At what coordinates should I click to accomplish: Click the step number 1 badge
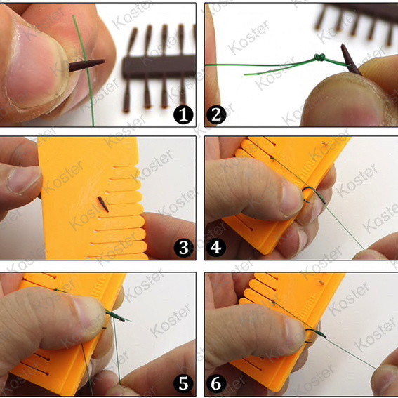[x=183, y=114]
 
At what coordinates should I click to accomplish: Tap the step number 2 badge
[x=216, y=114]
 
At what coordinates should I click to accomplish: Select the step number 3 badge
[x=184, y=248]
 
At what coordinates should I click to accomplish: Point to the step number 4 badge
[x=216, y=248]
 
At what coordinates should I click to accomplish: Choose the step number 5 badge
[x=183, y=383]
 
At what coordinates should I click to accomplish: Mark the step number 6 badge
[x=216, y=383]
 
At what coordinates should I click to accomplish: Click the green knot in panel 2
[x=319, y=58]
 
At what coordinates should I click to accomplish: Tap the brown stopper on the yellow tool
[x=103, y=204]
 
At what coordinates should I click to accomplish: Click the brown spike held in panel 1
[x=87, y=65]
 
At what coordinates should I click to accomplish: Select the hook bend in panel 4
[x=314, y=193]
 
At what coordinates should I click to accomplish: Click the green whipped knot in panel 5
[x=116, y=316]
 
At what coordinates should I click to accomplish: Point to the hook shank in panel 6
[x=316, y=333]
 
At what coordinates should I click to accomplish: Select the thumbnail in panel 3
[x=24, y=180]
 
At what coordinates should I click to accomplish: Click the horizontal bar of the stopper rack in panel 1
[x=159, y=67]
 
